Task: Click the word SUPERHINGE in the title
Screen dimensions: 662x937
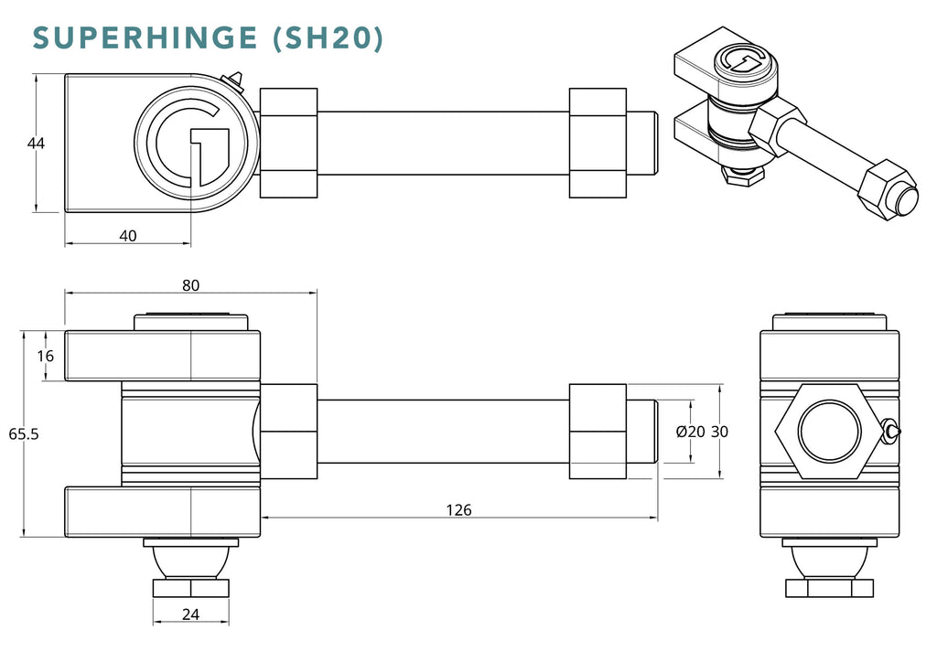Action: tap(147, 37)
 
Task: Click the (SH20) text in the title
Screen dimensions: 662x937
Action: tap(328, 38)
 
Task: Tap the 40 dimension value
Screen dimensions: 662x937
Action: tap(128, 236)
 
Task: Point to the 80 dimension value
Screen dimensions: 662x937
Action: tap(190, 284)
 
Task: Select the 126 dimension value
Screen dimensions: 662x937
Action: tap(460, 509)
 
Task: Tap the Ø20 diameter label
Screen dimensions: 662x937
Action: tap(690, 432)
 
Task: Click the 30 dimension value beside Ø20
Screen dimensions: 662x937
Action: tap(720, 432)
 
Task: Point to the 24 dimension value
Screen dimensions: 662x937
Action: tap(190, 614)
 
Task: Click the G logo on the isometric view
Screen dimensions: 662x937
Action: tap(742, 62)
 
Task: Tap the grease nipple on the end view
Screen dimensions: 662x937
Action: tap(890, 431)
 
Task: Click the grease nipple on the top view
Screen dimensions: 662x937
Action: tap(235, 81)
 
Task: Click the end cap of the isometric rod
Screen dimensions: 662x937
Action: tap(906, 199)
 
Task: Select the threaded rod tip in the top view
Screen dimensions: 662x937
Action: tap(643, 143)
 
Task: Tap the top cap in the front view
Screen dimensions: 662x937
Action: tap(190, 321)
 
